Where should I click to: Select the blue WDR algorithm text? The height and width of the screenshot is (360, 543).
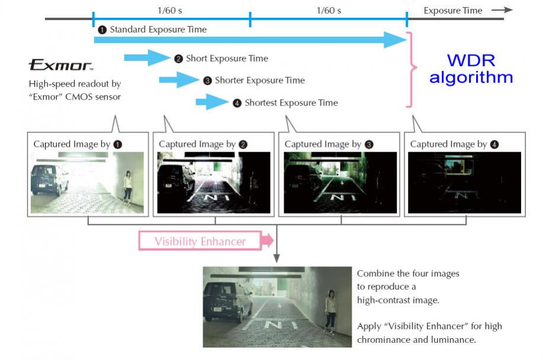[x=471, y=69]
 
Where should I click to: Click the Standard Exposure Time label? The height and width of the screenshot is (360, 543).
[x=158, y=29]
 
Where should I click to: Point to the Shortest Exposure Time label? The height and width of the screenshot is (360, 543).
[x=291, y=102]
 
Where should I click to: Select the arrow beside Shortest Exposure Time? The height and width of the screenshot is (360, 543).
[x=212, y=102]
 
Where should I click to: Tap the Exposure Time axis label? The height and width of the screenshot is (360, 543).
[x=453, y=10]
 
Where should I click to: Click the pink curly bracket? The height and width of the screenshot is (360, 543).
[x=415, y=70]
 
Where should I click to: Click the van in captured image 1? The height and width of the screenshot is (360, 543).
[x=49, y=179]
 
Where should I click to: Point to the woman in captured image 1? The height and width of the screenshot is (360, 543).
[x=127, y=187]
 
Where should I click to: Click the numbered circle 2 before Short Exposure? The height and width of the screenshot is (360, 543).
[x=178, y=59]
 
